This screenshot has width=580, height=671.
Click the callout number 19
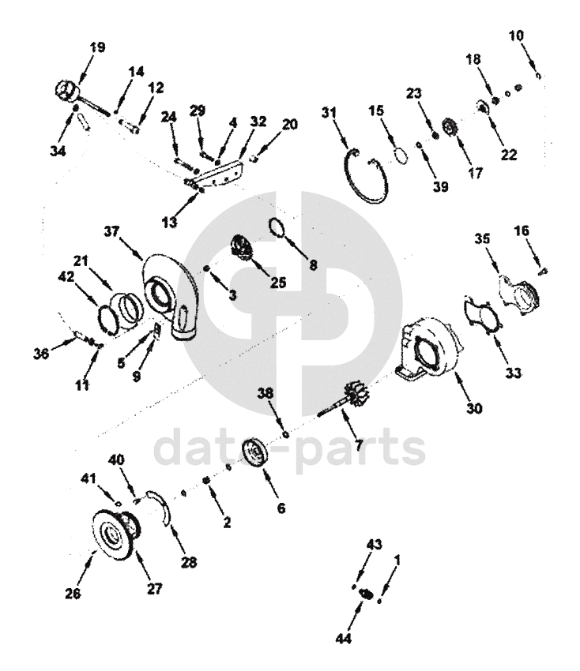[x=98, y=47]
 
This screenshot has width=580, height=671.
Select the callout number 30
[x=474, y=408]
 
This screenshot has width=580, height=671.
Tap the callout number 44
[x=344, y=639]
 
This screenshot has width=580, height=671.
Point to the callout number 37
[x=111, y=231]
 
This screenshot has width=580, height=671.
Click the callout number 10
[x=517, y=36]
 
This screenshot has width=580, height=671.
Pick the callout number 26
[x=73, y=594]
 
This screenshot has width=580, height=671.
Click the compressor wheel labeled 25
[x=242, y=246]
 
